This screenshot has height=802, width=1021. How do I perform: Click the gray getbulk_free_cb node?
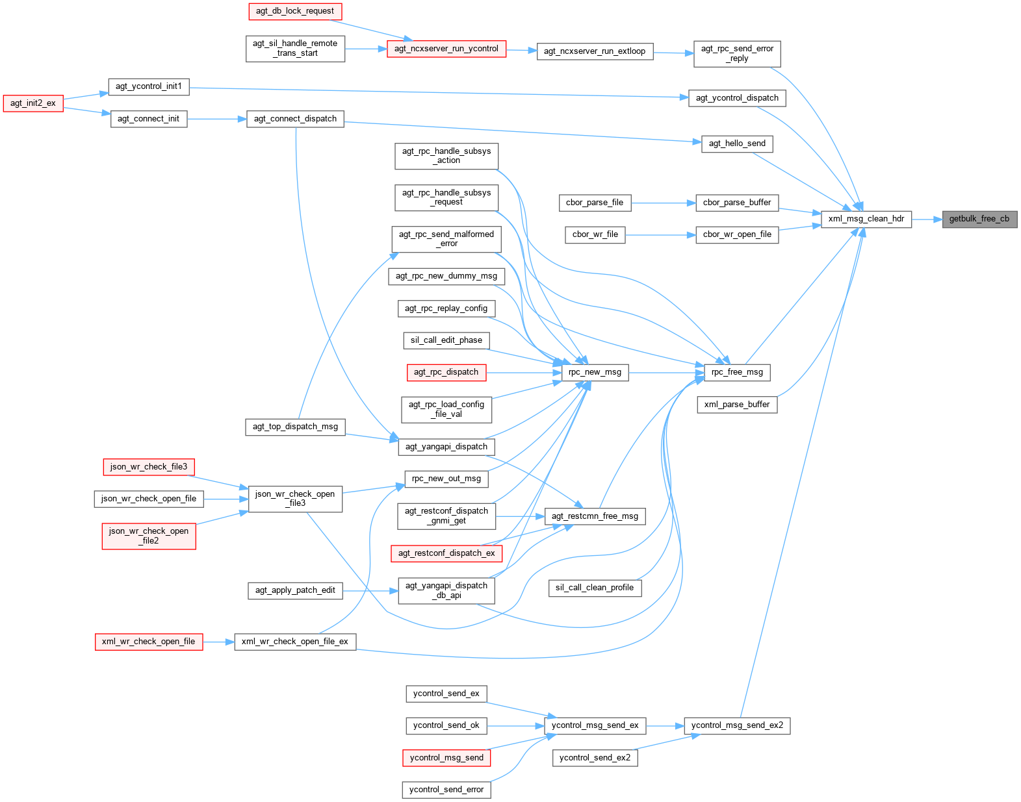point(979,219)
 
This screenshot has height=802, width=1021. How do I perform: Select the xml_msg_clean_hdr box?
point(866,219)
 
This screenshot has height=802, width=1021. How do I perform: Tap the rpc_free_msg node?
point(737,372)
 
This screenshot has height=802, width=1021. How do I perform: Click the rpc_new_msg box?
point(595,372)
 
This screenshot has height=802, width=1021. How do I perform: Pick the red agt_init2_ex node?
point(33,103)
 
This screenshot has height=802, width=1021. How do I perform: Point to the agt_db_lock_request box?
point(295,11)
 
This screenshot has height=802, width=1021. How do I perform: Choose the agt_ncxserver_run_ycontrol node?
point(446,49)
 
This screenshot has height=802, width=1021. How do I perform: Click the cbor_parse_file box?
point(595,203)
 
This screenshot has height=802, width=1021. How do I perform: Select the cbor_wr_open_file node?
point(737,234)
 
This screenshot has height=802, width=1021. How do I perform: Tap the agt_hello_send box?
point(737,144)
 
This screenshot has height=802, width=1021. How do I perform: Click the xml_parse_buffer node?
point(737,405)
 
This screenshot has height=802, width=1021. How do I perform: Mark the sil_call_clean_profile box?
point(595,588)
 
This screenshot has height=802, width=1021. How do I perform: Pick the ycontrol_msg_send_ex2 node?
point(737,725)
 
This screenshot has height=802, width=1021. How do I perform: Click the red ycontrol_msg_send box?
point(446,758)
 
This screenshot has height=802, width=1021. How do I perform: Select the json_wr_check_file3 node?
point(149,467)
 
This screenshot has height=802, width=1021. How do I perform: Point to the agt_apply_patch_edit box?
point(295,590)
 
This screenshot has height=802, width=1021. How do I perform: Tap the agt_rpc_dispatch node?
point(446,372)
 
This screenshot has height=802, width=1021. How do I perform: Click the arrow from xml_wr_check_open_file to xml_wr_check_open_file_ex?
point(218,642)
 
